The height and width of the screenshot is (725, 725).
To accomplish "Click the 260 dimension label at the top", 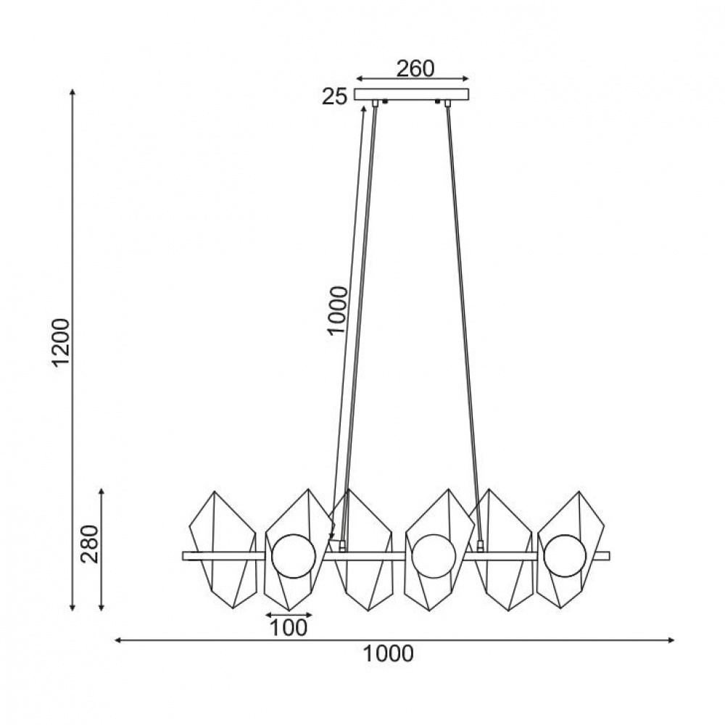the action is (415, 69).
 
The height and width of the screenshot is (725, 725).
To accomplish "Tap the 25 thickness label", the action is (334, 97).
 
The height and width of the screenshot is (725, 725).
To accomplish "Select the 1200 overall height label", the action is (61, 341).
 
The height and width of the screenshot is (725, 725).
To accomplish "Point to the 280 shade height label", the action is (90, 544).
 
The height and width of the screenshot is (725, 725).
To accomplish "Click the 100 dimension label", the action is (288, 627).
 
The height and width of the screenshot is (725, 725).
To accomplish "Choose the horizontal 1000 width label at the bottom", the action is (388, 654).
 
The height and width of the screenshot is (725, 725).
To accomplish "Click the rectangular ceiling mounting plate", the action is (412, 94).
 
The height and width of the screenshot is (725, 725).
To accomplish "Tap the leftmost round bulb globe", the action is (293, 556).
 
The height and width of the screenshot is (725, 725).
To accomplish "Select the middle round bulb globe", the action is (434, 556).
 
